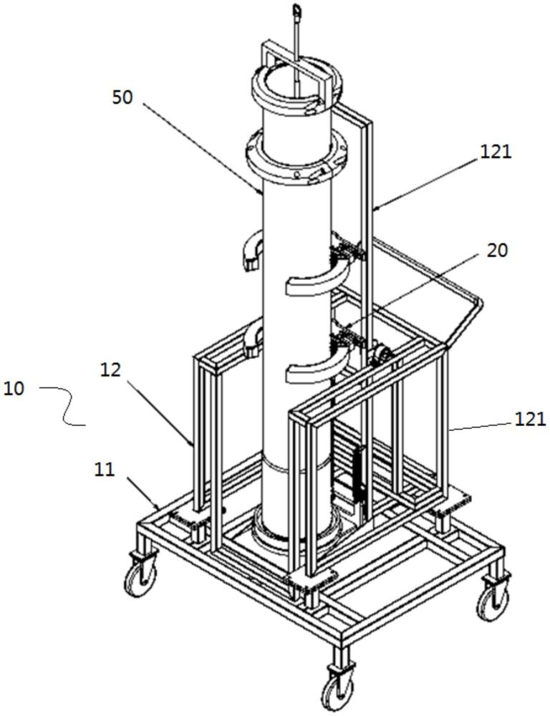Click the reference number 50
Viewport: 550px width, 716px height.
click(122, 97)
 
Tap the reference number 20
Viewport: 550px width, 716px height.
click(498, 250)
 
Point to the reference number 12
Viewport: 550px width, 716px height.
click(111, 370)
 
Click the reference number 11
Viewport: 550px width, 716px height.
click(105, 470)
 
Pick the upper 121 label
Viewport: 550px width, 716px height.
click(496, 152)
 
